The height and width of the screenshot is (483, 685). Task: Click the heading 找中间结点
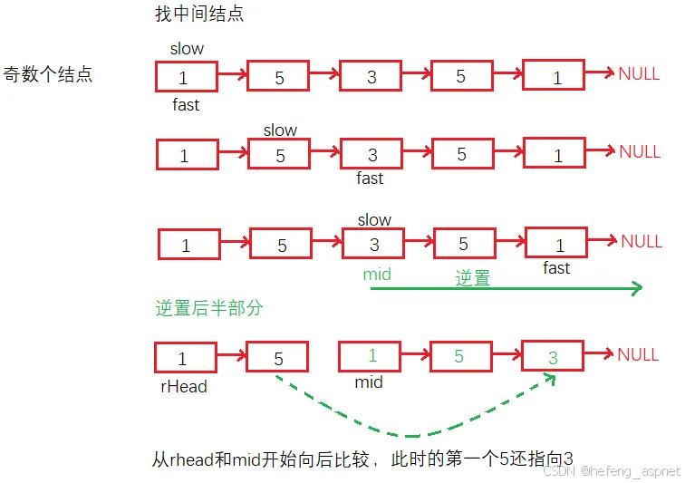200,14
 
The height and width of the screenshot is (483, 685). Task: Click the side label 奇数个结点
48,74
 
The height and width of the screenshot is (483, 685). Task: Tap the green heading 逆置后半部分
208,308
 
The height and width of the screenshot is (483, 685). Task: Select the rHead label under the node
183,386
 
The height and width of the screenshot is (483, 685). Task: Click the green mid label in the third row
377,274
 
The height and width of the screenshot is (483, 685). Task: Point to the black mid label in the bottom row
369,382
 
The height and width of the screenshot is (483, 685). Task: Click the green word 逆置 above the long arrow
472,278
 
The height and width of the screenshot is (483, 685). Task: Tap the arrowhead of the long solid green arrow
636,288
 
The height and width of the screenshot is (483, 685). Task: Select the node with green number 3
553,357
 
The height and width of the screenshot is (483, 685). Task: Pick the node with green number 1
370,356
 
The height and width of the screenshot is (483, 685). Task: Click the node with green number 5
459,356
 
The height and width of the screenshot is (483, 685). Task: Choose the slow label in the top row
187,49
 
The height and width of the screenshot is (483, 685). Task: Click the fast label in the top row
186,105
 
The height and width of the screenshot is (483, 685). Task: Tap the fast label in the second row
370,179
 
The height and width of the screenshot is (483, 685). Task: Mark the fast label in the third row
556,267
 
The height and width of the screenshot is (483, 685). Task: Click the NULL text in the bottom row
638,354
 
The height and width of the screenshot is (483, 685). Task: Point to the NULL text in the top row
639,74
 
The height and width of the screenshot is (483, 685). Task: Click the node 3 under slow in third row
373,245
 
